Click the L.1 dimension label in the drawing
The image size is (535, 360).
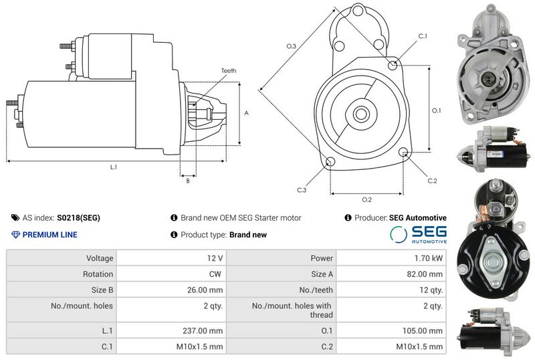(x=114, y=166)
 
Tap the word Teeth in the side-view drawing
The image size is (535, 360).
(x=229, y=70)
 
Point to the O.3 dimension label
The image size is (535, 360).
(x=291, y=46)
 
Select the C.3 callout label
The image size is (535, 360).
(x=302, y=190)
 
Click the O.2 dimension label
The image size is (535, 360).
(x=366, y=199)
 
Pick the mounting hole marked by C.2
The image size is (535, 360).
(x=403, y=153)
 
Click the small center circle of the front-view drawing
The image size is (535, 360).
(x=361, y=114)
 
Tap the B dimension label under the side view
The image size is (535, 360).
(x=188, y=181)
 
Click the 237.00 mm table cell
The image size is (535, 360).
(x=207, y=331)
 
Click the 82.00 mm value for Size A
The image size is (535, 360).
(x=425, y=274)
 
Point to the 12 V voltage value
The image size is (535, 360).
(x=215, y=258)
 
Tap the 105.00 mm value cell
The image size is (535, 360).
(x=425, y=331)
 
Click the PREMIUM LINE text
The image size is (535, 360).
(x=50, y=235)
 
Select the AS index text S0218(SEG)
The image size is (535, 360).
(x=78, y=218)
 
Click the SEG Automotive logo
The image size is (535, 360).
(x=419, y=235)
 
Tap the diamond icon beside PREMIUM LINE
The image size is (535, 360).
(x=16, y=235)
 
